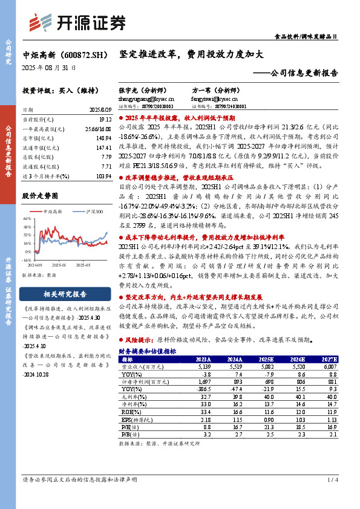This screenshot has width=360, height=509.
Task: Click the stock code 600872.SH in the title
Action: (x=78, y=54)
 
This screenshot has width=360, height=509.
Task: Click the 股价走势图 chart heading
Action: (x=41, y=196)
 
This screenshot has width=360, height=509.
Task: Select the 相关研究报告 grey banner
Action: (x=67, y=295)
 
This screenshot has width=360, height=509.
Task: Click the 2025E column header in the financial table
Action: (x=273, y=359)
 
